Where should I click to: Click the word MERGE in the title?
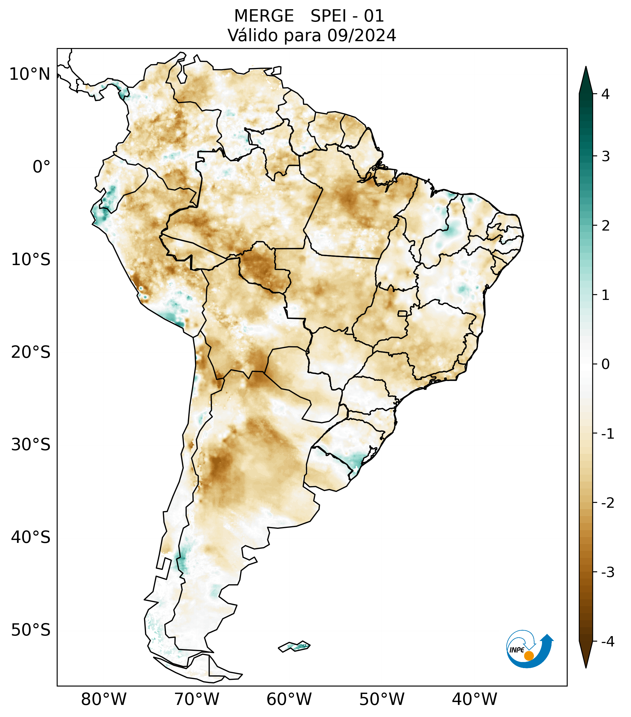coord(264,16)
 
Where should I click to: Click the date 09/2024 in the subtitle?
coord(361,35)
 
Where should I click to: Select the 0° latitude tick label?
coord(41,167)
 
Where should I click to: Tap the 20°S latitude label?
coord(31,352)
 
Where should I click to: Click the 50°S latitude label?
coord(31,630)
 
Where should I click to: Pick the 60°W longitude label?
coord(289,699)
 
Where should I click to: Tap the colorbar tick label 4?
coord(605,94)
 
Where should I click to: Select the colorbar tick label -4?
coord(607,642)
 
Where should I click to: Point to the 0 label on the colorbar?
coord(605,364)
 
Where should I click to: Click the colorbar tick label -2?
coord(607,503)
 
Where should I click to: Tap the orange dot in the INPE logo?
coord(529,655)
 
